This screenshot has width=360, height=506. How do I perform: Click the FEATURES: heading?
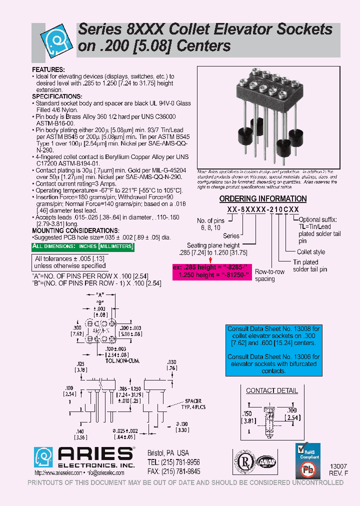[48, 69]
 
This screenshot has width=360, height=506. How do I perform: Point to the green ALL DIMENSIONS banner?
[83, 247]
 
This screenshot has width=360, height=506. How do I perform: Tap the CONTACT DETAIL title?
[272, 390]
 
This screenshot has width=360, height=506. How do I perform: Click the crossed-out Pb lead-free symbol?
[309, 471]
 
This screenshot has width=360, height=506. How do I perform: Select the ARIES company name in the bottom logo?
[95, 453]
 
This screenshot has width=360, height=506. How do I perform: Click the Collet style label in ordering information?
[311, 252]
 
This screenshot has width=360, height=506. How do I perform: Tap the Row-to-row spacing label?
[269, 275]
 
